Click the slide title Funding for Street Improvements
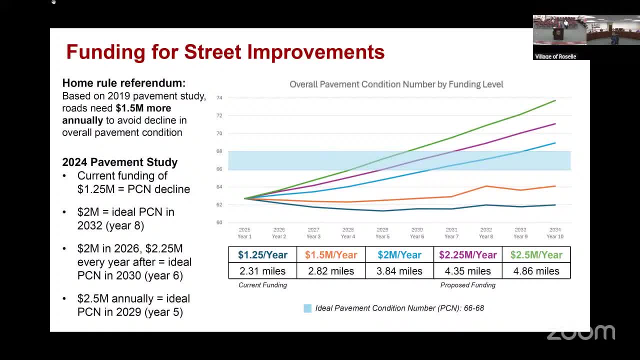click(x=225, y=52)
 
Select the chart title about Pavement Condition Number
click(x=396, y=84)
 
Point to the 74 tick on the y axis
click(x=219, y=97)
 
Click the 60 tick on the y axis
click(x=219, y=222)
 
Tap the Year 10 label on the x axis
click(x=555, y=236)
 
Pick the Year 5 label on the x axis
click(x=382, y=236)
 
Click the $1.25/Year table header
click(x=262, y=255)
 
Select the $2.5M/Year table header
click(x=536, y=255)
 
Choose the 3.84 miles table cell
click(x=399, y=271)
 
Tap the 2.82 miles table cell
click(x=331, y=271)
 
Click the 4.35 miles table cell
click(x=467, y=271)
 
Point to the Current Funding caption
click(x=262, y=285)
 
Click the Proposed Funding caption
click(x=467, y=285)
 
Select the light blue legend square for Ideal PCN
click(x=307, y=308)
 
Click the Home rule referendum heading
click(x=123, y=83)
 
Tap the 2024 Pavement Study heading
click(x=119, y=162)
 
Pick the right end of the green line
click(x=555, y=100)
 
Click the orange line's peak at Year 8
click(x=486, y=186)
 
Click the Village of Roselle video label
click(x=555, y=56)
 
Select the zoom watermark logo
click(x=580, y=332)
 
